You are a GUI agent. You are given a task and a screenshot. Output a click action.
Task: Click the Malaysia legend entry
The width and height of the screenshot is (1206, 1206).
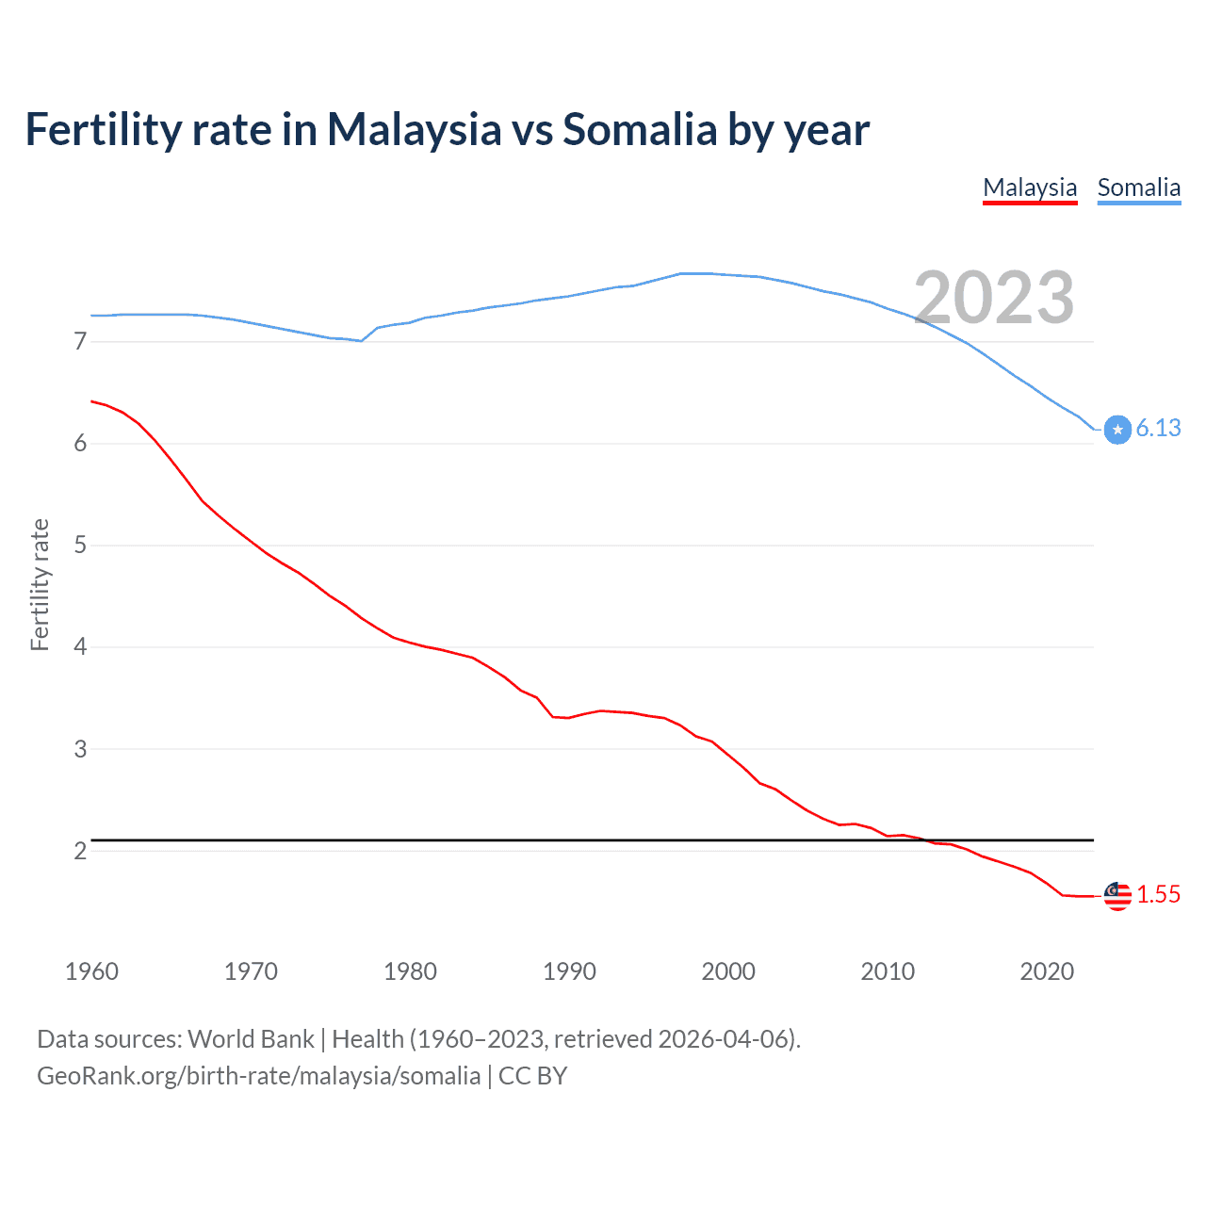[x=1030, y=187]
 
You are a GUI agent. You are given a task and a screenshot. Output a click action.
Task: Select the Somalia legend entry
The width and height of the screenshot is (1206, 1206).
[x=1138, y=187]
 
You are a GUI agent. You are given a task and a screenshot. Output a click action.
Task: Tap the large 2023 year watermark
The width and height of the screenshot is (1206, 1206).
[x=994, y=298]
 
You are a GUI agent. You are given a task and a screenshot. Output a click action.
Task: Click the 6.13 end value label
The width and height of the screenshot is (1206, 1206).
[x=1158, y=428]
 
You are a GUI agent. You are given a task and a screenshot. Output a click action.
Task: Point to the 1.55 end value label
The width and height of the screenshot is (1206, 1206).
[x=1158, y=894]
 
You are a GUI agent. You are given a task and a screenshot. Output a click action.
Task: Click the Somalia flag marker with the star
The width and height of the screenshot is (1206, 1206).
[x=1117, y=430]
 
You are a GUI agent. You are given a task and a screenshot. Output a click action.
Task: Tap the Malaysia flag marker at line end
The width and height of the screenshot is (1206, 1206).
[x=1117, y=896]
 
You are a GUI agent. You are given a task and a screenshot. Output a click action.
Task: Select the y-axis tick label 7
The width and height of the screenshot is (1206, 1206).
[x=80, y=341]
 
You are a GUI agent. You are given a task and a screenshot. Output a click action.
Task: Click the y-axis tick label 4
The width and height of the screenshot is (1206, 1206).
[x=80, y=647]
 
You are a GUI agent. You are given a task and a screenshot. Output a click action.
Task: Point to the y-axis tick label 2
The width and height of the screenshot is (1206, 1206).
[x=80, y=851]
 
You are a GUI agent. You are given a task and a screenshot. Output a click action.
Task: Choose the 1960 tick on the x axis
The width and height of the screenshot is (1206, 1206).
[x=91, y=971]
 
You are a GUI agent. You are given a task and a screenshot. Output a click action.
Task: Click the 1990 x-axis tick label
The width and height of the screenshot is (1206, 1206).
[x=569, y=971]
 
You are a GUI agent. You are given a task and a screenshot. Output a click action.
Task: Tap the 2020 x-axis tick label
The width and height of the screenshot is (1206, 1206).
[x=1047, y=971]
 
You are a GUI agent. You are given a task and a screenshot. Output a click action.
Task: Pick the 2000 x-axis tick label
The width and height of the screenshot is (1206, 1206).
[x=728, y=971]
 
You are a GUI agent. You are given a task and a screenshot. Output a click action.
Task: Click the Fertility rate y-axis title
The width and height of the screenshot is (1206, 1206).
[x=40, y=584]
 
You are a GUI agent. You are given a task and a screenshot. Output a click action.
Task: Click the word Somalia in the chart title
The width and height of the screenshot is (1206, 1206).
[x=640, y=129]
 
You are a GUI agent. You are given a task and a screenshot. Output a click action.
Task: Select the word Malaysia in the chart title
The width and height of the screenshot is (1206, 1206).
[x=414, y=129]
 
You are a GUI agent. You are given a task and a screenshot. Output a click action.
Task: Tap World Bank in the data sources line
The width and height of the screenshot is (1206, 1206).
[x=251, y=1039]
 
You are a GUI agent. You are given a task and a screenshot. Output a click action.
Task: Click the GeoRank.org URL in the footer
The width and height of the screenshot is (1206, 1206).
[x=258, y=1076]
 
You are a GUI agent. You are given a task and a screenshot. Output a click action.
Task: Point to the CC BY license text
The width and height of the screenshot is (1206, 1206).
[x=532, y=1076]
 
